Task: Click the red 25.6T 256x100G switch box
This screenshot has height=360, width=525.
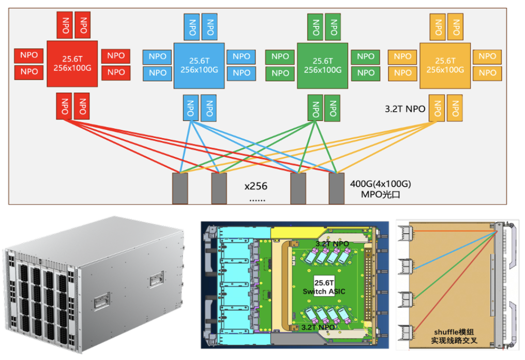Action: point(72,64)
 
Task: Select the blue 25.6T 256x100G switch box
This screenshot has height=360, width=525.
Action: point(199,65)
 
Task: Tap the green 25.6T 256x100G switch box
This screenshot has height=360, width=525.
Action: point(323,65)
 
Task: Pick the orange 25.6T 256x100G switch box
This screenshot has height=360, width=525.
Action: point(445,65)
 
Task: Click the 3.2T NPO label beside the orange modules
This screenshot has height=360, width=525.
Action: point(404,109)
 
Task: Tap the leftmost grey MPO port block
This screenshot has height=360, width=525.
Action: point(179,188)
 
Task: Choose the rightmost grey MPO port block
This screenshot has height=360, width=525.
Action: point(337,188)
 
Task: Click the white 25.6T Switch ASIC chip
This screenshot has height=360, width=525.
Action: point(321,287)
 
